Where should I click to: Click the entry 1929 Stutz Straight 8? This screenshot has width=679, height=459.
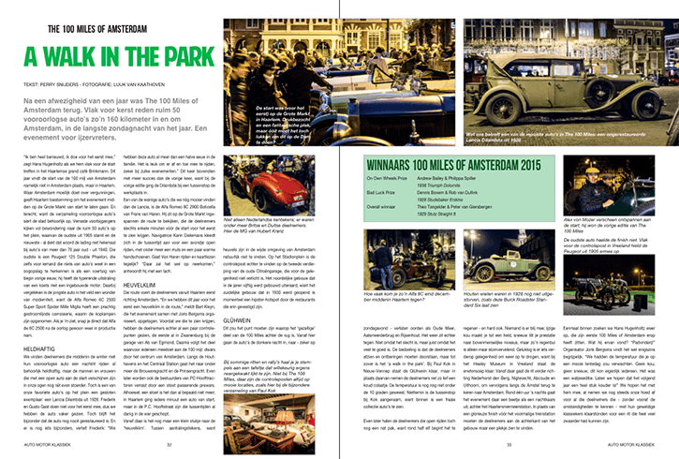pyautogui.click(x=455, y=213)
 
